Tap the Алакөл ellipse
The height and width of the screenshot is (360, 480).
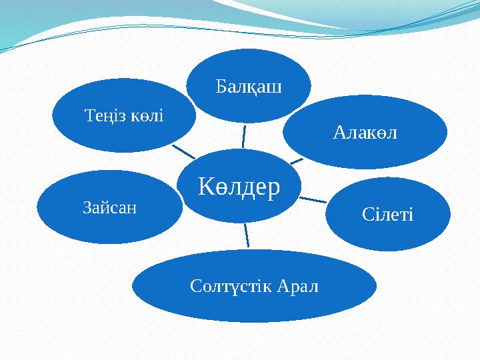pyautogui.click(x=364, y=132)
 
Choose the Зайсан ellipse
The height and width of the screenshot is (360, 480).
pyautogui.click(x=109, y=207)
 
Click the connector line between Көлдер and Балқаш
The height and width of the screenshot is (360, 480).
pyautogui.click(x=243, y=136)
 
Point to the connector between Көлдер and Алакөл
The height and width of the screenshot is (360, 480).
pyautogui.click(x=297, y=160)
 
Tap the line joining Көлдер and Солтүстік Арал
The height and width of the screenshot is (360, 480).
pyautogui.click(x=247, y=235)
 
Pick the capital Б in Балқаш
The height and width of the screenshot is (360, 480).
pyautogui.click(x=221, y=87)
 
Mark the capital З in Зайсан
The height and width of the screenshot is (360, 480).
pyautogui.click(x=87, y=207)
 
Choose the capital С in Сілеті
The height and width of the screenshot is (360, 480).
pyautogui.click(x=367, y=215)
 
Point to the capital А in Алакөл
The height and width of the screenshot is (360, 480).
pyautogui.click(x=338, y=133)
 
